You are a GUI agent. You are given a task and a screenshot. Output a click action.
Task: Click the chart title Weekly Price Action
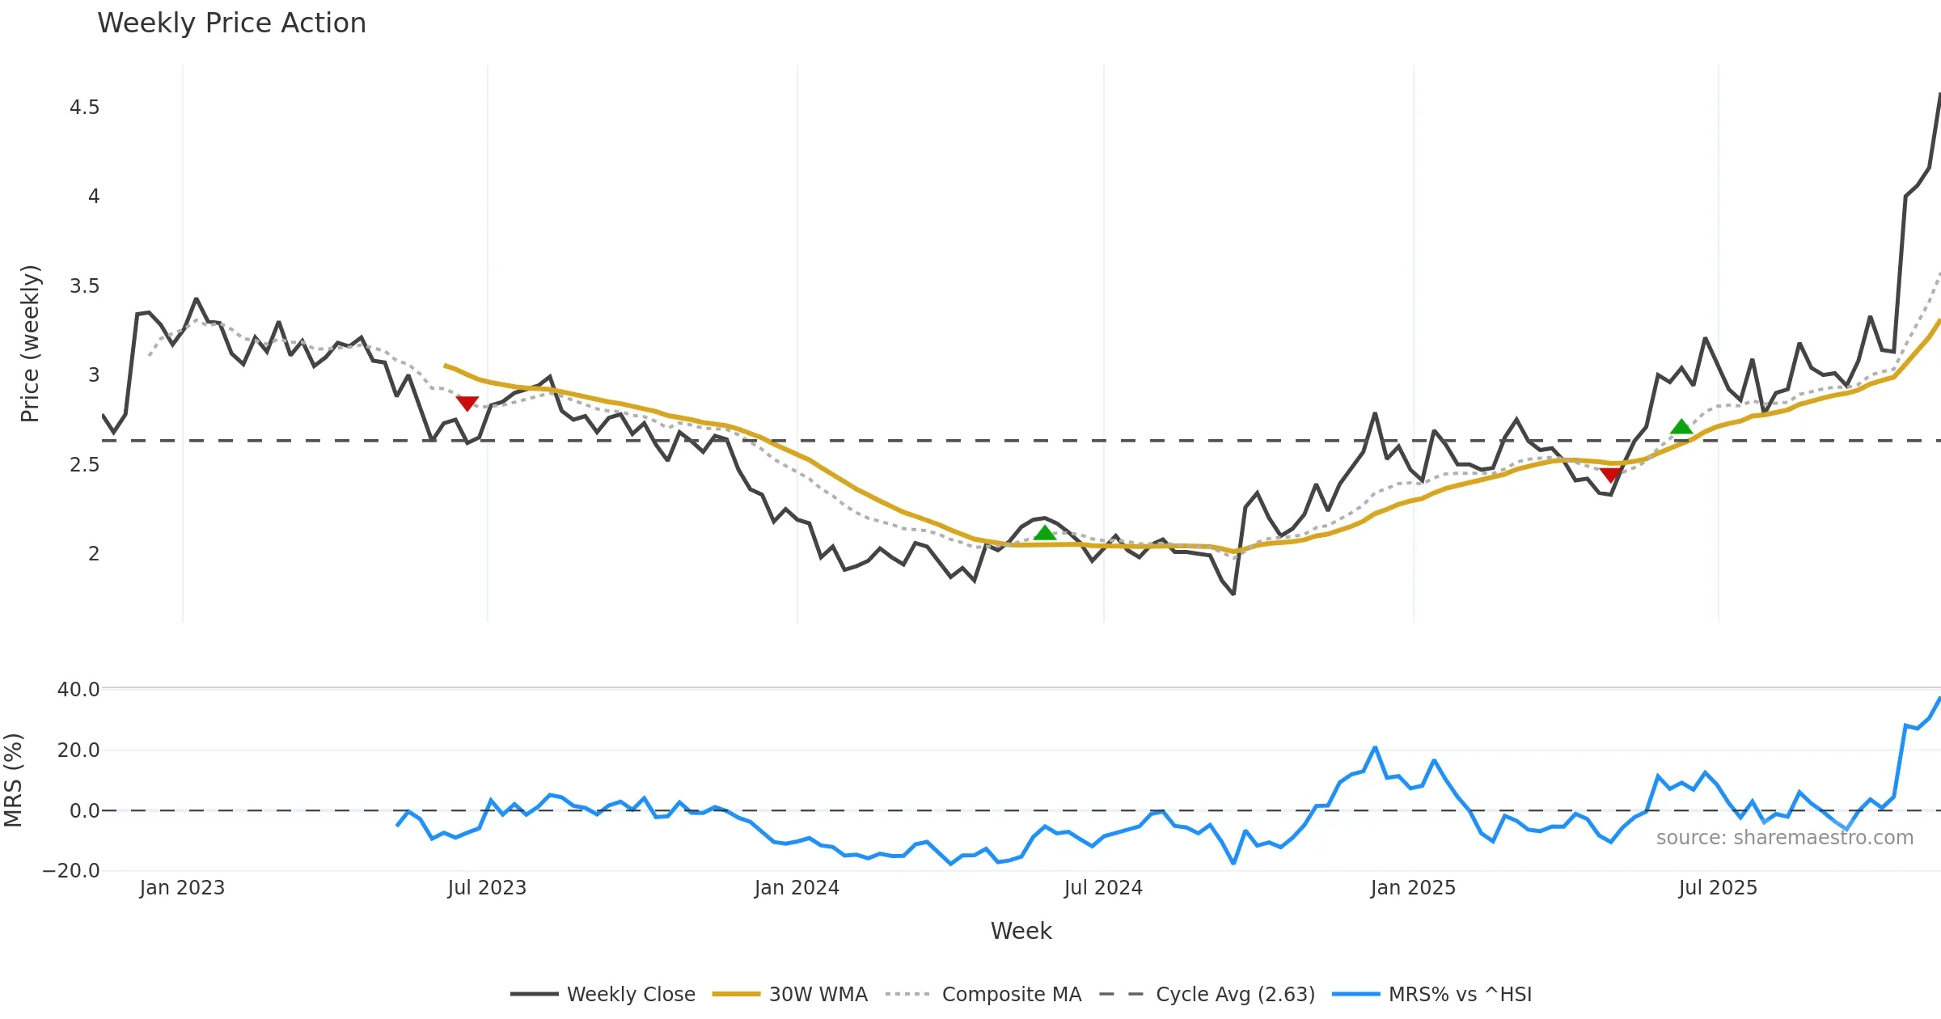pyautogui.click(x=231, y=23)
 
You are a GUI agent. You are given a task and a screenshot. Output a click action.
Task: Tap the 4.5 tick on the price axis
pyautogui.click(x=84, y=108)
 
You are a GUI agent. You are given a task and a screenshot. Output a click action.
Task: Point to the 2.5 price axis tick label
pyautogui.click(x=84, y=465)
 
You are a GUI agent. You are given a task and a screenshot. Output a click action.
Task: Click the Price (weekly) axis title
pyautogui.click(x=30, y=343)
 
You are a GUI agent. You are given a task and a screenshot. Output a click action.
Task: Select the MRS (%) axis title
pyautogui.click(x=13, y=780)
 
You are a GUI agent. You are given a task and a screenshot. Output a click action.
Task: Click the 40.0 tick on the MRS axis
pyautogui.click(x=78, y=690)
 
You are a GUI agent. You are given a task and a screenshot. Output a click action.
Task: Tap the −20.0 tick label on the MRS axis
pyautogui.click(x=71, y=871)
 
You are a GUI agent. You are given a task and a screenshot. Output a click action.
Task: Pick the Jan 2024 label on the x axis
pyautogui.click(x=797, y=888)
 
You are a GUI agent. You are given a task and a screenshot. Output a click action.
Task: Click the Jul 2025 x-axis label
pyautogui.click(x=1718, y=888)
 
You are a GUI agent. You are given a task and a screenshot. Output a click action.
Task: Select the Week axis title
pyautogui.click(x=1021, y=932)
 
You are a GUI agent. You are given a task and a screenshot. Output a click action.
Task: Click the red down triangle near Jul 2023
pyautogui.click(x=467, y=403)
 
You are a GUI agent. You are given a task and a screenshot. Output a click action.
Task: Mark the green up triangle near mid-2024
pyautogui.click(x=1045, y=532)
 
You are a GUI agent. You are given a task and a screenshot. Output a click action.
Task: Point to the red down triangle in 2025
pyautogui.click(x=1611, y=474)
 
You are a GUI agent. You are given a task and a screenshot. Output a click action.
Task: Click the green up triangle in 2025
pyautogui.click(x=1681, y=426)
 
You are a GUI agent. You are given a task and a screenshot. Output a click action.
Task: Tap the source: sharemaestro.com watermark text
pyautogui.click(x=1785, y=838)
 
